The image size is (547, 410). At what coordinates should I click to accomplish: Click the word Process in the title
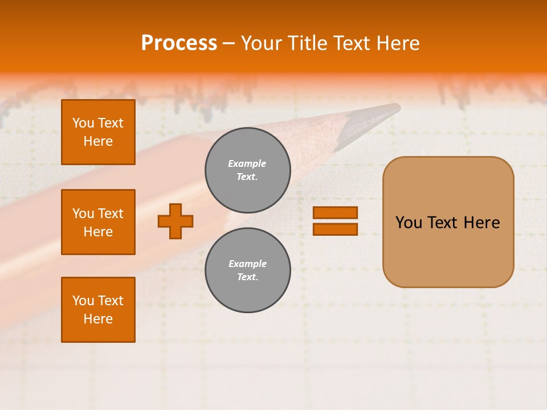pyautogui.click(x=179, y=43)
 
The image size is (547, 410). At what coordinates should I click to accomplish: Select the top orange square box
pyautogui.click(x=98, y=132)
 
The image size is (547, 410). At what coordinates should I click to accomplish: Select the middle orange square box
pyautogui.click(x=98, y=222)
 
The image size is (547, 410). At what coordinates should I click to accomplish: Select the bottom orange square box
pyautogui.click(x=98, y=309)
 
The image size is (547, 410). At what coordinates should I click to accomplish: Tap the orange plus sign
pyautogui.click(x=175, y=221)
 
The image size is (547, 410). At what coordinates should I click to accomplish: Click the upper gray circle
pyautogui.click(x=247, y=170)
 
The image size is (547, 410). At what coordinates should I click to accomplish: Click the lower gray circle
pyautogui.click(x=247, y=270)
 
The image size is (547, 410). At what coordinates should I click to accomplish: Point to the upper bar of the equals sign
pyautogui.click(x=335, y=213)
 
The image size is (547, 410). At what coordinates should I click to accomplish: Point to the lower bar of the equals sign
pyautogui.click(x=335, y=229)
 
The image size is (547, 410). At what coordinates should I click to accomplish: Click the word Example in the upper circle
pyautogui.click(x=247, y=163)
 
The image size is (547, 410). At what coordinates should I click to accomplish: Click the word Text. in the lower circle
pyautogui.click(x=247, y=277)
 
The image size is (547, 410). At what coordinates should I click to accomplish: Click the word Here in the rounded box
pyautogui.click(x=481, y=223)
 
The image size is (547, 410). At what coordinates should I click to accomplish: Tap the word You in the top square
pyautogui.click(x=83, y=123)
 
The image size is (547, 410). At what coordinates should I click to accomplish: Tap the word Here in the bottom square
pyautogui.click(x=98, y=319)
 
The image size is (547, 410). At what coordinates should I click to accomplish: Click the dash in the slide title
pyautogui.click(x=228, y=43)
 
